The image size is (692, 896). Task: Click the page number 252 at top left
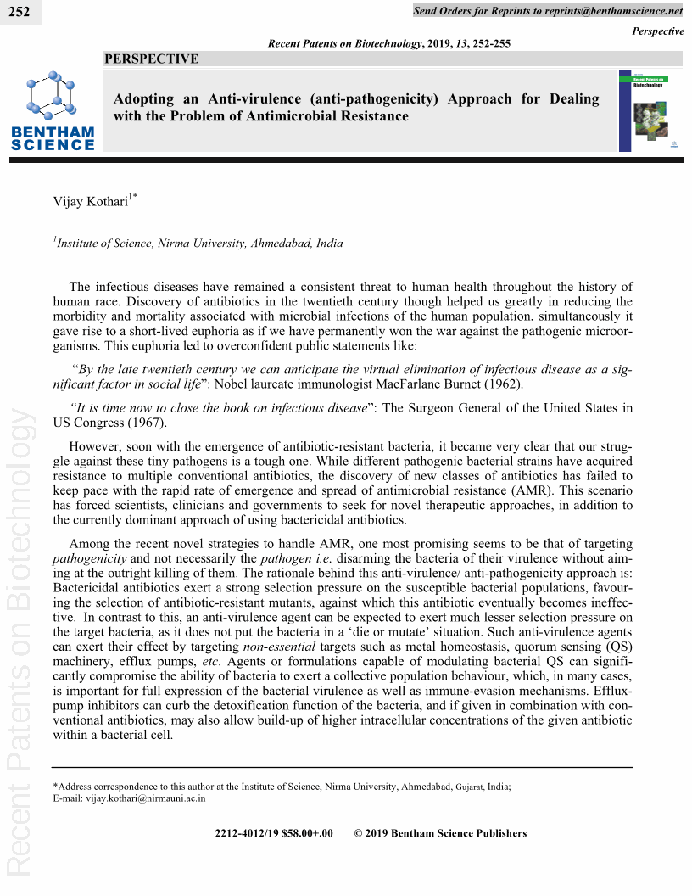point(19,12)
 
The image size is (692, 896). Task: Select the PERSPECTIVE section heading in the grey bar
point(152,59)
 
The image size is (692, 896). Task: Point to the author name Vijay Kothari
point(91,201)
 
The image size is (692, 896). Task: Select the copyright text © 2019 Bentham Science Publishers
point(440,833)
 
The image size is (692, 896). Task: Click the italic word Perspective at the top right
point(658,31)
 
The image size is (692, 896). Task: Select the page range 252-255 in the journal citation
point(491,43)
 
